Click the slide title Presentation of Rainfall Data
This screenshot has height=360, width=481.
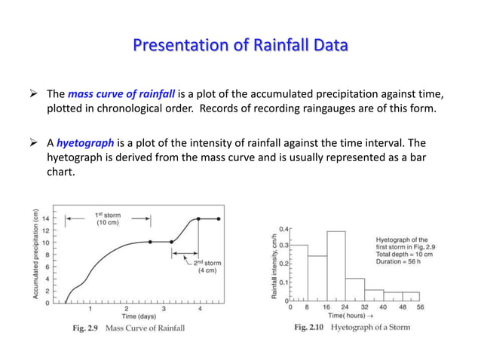(240, 47)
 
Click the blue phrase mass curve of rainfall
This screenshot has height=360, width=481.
(121, 94)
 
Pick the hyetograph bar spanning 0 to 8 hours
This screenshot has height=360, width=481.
(299, 272)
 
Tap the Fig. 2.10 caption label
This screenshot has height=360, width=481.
(311, 328)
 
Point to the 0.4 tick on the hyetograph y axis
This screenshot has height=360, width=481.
(284, 227)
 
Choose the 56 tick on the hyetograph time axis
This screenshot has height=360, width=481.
(421, 307)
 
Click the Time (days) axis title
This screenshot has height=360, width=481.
(128, 319)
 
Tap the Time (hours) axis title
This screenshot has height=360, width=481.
(354, 316)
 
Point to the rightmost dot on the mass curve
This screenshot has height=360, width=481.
(219, 218)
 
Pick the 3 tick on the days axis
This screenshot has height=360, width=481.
(164, 309)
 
